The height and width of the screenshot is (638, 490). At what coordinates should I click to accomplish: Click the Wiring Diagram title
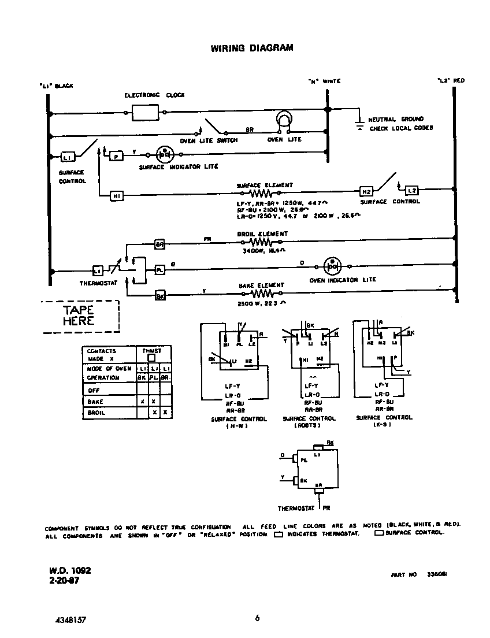[x=251, y=48]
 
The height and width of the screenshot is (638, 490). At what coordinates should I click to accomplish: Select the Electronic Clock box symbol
[x=145, y=113]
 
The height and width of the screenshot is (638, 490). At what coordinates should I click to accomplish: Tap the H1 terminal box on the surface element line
[x=117, y=196]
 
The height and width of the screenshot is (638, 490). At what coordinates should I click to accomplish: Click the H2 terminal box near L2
[x=366, y=191]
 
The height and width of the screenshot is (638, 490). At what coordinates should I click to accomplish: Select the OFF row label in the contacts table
[x=94, y=390]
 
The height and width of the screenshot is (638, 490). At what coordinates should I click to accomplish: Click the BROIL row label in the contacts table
[x=96, y=413]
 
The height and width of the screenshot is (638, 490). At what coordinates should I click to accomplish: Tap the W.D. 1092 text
[x=70, y=570]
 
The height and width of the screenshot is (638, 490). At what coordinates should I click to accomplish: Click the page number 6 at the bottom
[x=257, y=618]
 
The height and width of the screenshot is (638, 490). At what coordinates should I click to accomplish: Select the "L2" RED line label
[x=451, y=81]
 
